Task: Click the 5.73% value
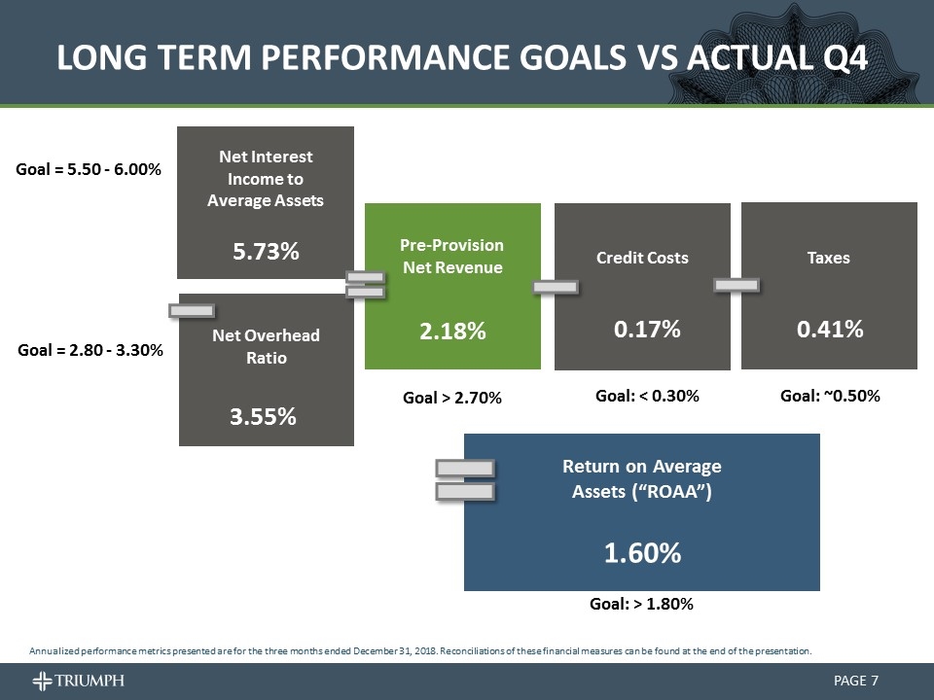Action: click(x=265, y=252)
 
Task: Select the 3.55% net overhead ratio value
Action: click(x=265, y=417)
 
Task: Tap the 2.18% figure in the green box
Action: click(x=452, y=332)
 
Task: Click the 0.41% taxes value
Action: click(x=830, y=330)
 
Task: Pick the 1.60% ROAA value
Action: click(x=642, y=553)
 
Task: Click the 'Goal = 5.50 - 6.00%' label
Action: click(x=90, y=168)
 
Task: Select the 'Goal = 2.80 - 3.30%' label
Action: click(x=90, y=348)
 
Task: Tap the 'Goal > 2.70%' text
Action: click(x=452, y=398)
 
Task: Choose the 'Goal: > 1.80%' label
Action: click(x=641, y=604)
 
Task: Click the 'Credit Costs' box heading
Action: click(x=642, y=258)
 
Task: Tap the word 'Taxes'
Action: click(x=829, y=258)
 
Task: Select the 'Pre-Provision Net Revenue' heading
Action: click(x=452, y=257)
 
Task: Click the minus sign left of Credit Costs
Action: click(x=556, y=286)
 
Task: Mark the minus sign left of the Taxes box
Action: click(x=736, y=285)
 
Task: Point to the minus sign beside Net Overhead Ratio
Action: click(x=191, y=310)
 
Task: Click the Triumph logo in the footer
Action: click(x=78, y=680)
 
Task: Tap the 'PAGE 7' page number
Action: click(x=856, y=680)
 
